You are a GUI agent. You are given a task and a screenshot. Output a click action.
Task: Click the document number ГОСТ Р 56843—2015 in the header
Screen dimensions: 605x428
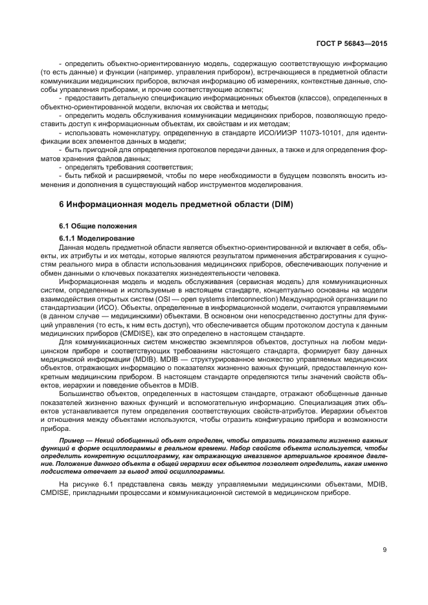(351, 43)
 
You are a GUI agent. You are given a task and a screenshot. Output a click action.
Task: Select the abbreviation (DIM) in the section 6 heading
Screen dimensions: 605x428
(279, 205)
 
